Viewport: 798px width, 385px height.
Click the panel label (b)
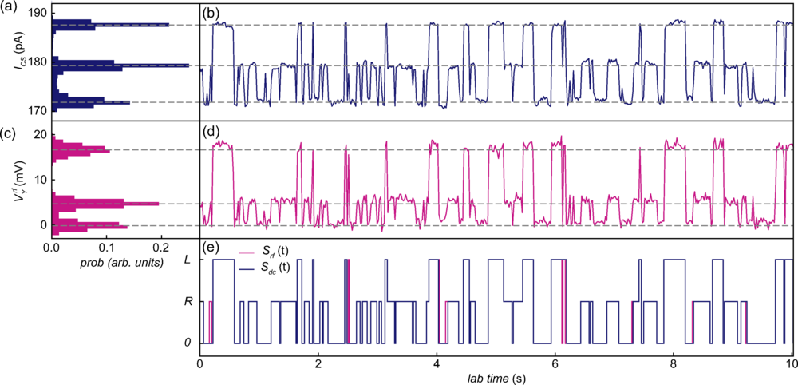pyautogui.click(x=211, y=14)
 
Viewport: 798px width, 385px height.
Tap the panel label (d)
pyautogui.click(x=211, y=132)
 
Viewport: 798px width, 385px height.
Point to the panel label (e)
pyautogui.click(x=211, y=248)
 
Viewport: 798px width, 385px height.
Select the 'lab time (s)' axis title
pyautogui.click(x=496, y=376)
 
